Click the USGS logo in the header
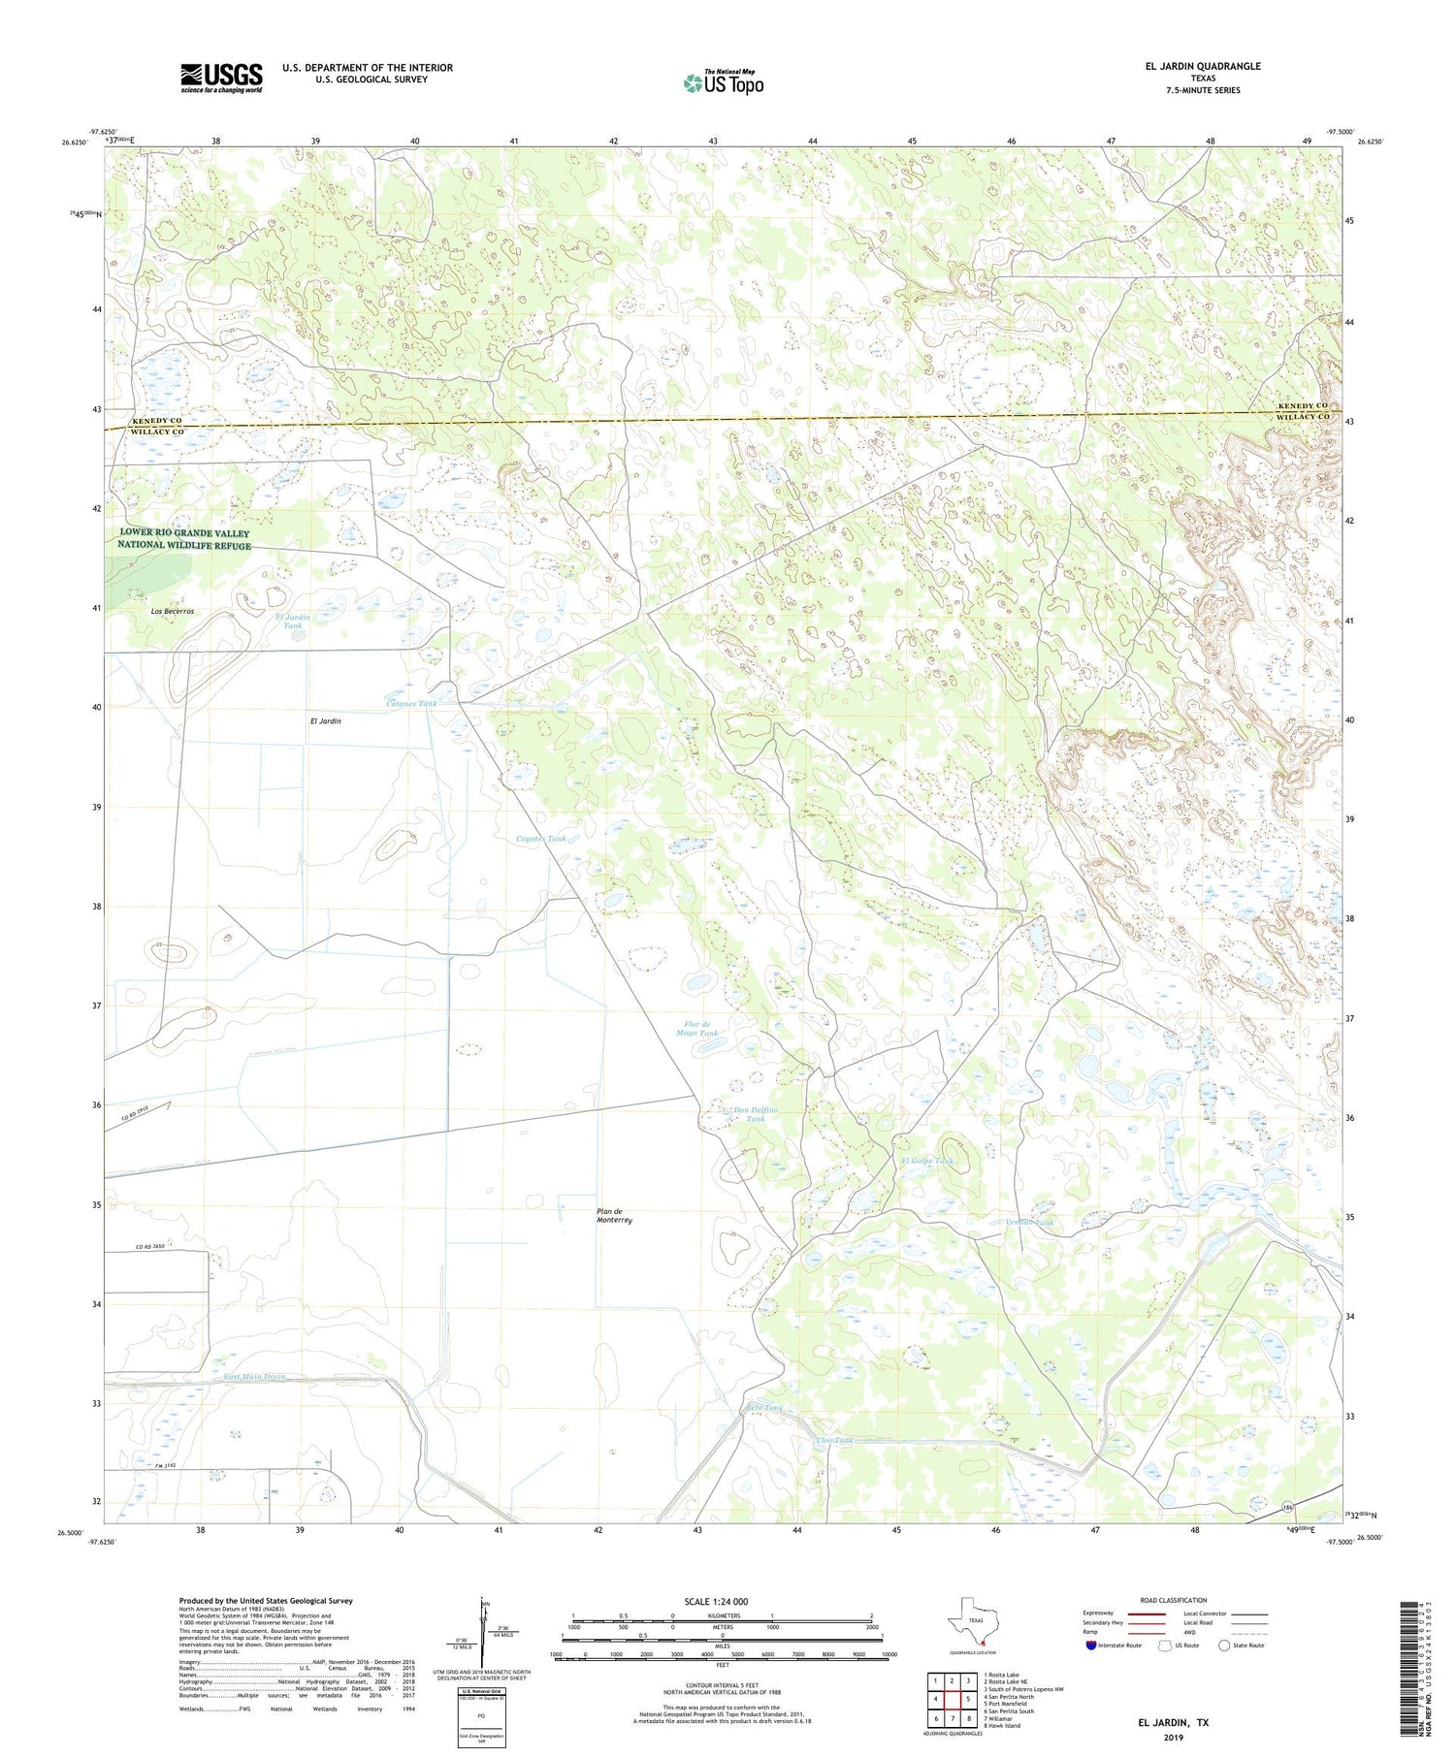click(221, 78)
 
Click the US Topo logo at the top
click(723, 82)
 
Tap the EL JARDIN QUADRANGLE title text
click(1203, 66)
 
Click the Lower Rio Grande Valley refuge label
click(184, 539)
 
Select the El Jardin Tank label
click(293, 622)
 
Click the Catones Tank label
click(410, 703)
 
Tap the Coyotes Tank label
click(541, 838)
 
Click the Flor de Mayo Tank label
click(697, 1029)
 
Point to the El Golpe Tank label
click(927, 1161)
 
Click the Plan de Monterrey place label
click(614, 1217)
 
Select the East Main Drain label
click(254, 1377)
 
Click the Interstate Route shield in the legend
click(1091, 1646)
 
